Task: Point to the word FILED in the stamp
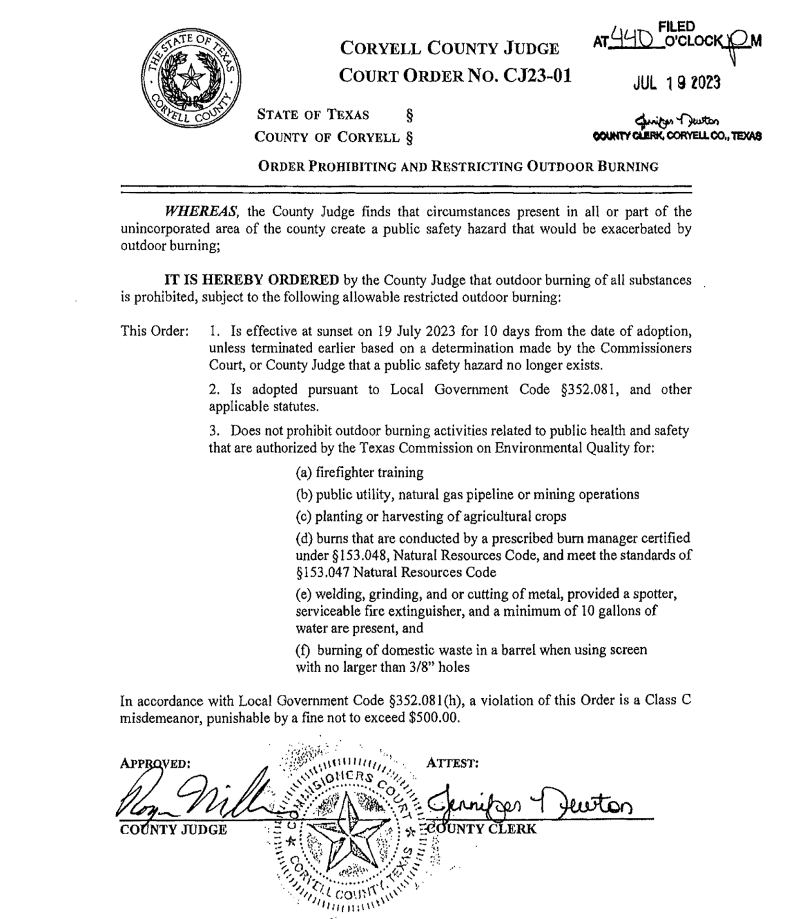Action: (676, 26)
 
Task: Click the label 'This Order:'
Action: (154, 331)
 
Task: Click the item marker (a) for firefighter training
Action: (303, 473)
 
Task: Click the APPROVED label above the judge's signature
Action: (155, 764)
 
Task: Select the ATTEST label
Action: (452, 763)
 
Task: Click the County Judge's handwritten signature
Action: (192, 795)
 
